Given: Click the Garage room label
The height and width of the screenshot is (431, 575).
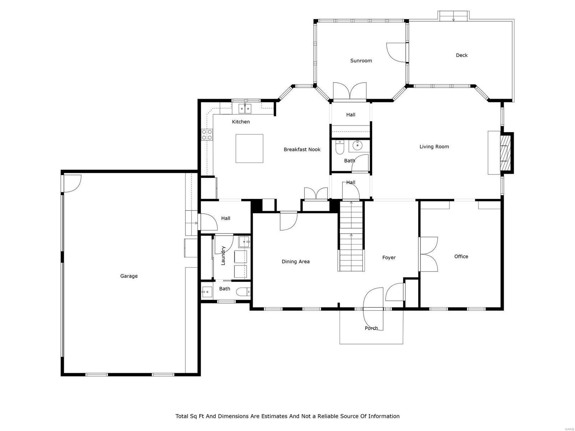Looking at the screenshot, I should [129, 276].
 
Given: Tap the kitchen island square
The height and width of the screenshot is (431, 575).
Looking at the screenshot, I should [249, 148].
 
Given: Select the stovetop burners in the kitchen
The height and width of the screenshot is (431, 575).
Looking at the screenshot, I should [207, 135].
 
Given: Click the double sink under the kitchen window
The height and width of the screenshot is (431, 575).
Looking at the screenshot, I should [245, 107].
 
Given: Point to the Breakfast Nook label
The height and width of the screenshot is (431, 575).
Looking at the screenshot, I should [302, 149].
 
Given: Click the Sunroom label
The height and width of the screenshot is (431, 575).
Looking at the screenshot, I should [361, 61].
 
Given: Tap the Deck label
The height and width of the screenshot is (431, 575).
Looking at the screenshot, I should [461, 55].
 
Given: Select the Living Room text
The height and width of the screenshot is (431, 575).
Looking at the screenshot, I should [434, 147].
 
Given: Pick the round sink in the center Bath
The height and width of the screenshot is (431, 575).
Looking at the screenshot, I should [358, 145].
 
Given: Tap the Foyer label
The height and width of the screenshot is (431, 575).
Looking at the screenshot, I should [389, 258].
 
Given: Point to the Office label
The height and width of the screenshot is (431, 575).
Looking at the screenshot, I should [461, 256].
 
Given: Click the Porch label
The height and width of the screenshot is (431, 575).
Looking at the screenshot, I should [371, 328].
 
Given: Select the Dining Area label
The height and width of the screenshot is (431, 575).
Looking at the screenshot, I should [295, 261].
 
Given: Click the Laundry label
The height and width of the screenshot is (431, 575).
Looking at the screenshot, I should [223, 255].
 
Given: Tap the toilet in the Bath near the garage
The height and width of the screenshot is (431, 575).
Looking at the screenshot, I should [244, 292].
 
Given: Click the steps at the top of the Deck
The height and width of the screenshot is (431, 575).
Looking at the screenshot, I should [453, 16].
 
